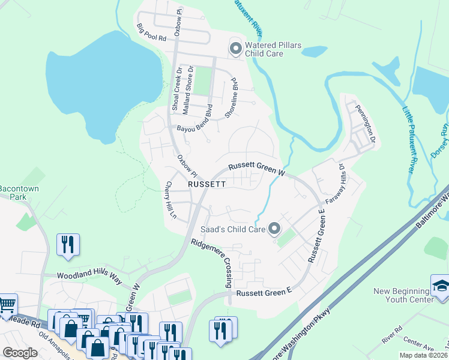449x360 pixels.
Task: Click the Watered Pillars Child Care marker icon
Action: tap(235, 47)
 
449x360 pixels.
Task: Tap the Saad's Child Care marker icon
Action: tap(274, 229)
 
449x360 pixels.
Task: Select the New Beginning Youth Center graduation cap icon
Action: tap(440, 284)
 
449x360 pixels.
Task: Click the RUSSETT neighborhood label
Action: tap(206, 185)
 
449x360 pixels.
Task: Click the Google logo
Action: tap(20, 353)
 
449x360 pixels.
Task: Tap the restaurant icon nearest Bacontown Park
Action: tap(67, 245)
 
